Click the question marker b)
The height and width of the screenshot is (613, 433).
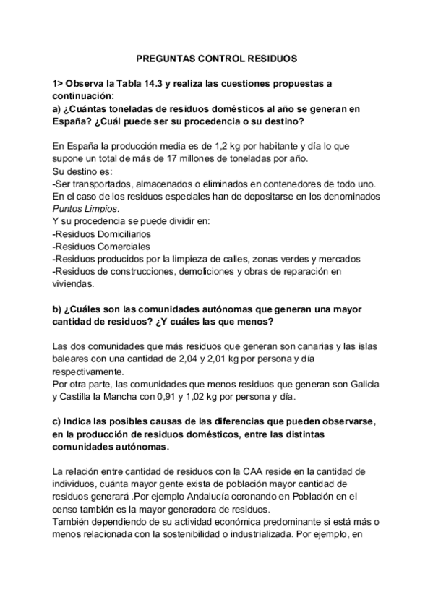[58, 309]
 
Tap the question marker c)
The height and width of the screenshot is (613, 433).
[58, 421]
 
